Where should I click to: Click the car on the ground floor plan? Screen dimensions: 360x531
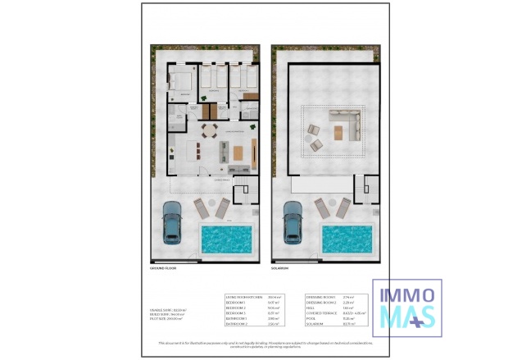173,221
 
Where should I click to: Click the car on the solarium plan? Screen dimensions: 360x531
293,221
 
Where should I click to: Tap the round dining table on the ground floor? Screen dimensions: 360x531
209,129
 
